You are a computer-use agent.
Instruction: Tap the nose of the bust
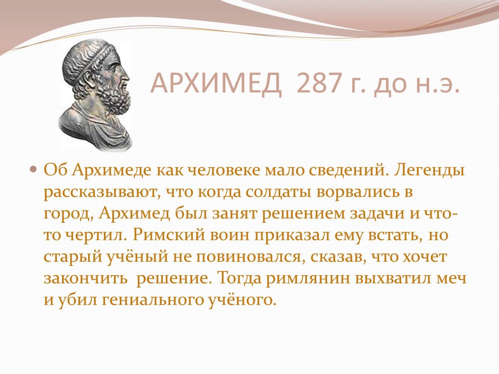click(127, 76)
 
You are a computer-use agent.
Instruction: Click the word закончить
click(85, 278)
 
